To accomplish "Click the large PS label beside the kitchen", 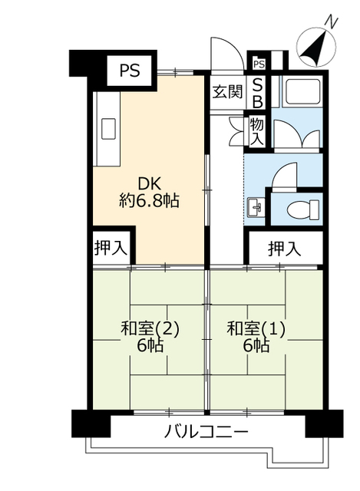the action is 130,71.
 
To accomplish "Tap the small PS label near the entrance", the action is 259,64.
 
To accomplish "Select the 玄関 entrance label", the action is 227,92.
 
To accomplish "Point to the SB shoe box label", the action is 258,93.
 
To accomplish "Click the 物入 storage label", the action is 257,132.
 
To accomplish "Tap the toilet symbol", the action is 303,209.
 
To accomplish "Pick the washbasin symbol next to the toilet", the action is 256,207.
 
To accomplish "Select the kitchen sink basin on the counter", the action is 108,128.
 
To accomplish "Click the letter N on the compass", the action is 332,22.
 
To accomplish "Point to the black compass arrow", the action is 314,48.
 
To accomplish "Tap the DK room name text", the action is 150,184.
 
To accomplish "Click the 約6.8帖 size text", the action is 149,201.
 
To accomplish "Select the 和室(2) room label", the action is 150,329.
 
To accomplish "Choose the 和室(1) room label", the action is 256,329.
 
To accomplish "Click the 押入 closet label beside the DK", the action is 111,248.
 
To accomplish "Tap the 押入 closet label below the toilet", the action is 285,249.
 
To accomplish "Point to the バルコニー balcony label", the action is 206,433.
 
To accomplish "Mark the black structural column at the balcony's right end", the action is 324,423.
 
